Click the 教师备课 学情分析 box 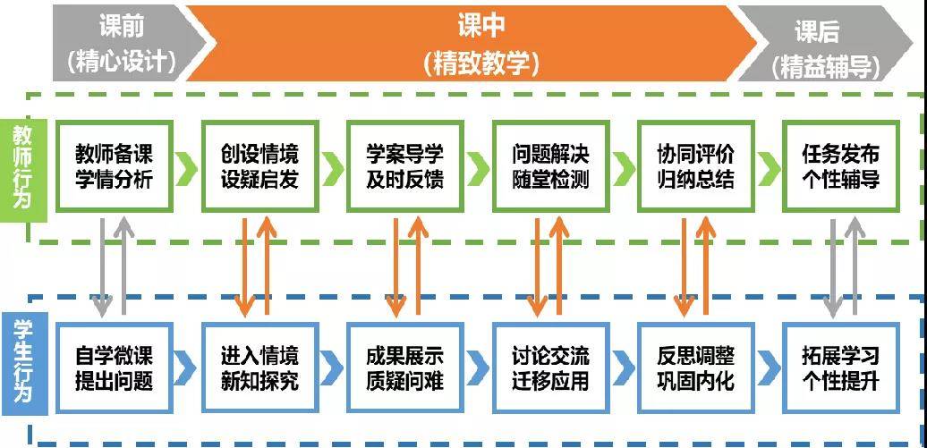click(115, 166)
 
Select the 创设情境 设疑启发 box click(259, 166)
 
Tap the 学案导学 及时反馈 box click(405, 166)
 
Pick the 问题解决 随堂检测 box click(550, 166)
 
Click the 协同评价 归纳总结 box click(696, 166)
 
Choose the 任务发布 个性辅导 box click(841, 166)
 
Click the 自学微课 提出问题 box click(115, 368)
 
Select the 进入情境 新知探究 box click(259, 368)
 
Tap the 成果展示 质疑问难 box click(405, 368)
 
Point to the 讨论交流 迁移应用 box click(550, 368)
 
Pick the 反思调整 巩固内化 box click(696, 368)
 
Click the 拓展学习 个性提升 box click(841, 368)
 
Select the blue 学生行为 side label click(23, 368)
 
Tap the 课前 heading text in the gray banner click(121, 27)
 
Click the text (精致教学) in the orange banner click(481, 63)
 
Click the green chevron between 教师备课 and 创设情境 click(187, 168)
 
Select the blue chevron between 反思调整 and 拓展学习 click(769, 368)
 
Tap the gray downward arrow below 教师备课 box click(102, 266)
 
